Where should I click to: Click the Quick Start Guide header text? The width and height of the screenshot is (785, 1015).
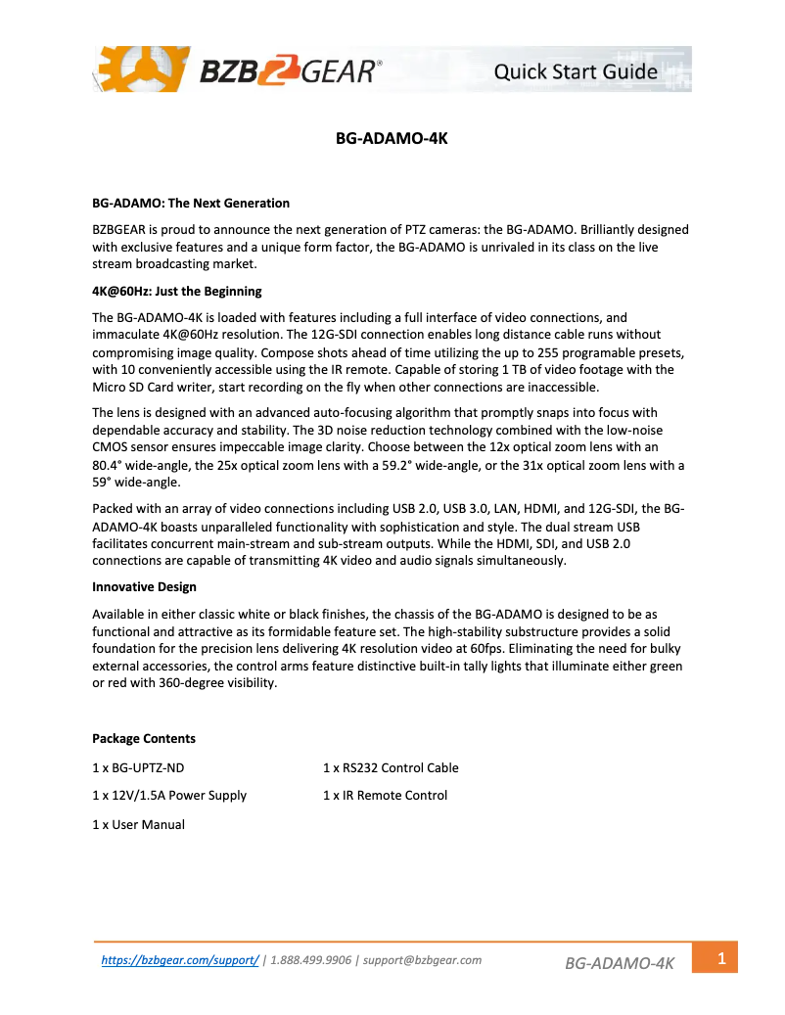pyautogui.click(x=576, y=71)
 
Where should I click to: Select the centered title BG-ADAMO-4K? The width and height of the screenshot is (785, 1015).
pyautogui.click(x=392, y=139)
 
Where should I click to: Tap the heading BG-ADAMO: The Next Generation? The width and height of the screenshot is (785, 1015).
pyautogui.click(x=191, y=204)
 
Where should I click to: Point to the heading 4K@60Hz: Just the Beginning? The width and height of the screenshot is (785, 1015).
pyautogui.click(x=177, y=292)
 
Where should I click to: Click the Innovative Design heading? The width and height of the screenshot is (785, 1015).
pyautogui.click(x=144, y=587)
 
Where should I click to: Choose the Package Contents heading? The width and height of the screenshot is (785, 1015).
pyautogui.click(x=144, y=739)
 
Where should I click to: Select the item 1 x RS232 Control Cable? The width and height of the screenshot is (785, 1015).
pyautogui.click(x=391, y=767)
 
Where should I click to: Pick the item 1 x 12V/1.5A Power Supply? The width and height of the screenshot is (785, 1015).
pyautogui.click(x=169, y=796)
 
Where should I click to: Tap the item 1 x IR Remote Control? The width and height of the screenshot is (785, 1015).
pyautogui.click(x=385, y=796)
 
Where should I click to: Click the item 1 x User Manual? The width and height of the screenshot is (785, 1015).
pyautogui.click(x=138, y=824)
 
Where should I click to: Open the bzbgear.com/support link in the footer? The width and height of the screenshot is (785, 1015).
pyautogui.click(x=180, y=960)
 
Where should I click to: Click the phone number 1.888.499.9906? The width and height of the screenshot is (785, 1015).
pyautogui.click(x=310, y=960)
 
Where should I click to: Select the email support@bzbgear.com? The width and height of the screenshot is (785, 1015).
pyautogui.click(x=422, y=960)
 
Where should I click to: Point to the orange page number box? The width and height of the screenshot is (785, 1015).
pyautogui.click(x=720, y=958)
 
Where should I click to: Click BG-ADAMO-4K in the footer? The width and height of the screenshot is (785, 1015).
pyautogui.click(x=620, y=964)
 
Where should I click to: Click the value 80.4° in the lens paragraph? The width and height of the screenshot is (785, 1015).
pyautogui.click(x=108, y=466)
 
